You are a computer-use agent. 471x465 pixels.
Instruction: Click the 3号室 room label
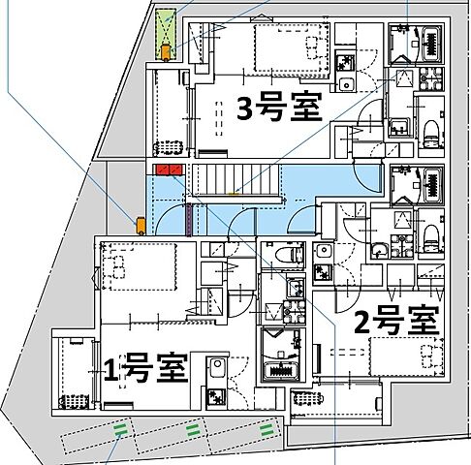point(279,108)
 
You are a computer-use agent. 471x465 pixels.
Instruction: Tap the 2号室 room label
point(397,322)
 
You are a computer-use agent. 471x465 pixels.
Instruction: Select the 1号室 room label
point(144,368)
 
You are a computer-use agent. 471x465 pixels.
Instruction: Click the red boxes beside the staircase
point(170,171)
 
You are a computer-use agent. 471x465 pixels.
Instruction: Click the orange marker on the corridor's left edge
point(141,225)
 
